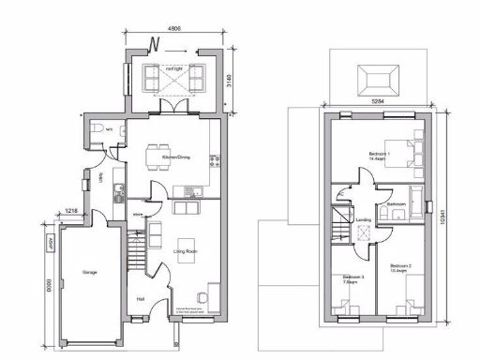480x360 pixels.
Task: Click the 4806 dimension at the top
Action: pos(174,28)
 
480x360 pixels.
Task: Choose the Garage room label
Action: pos(90,272)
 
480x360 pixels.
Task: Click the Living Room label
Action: pos(184,251)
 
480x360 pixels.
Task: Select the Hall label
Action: pos(141,299)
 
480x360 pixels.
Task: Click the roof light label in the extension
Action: pos(174,68)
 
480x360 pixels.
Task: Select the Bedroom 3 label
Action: pos(352,278)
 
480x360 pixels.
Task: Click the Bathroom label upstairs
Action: pos(396,204)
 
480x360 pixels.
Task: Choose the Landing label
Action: pos(363,222)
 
